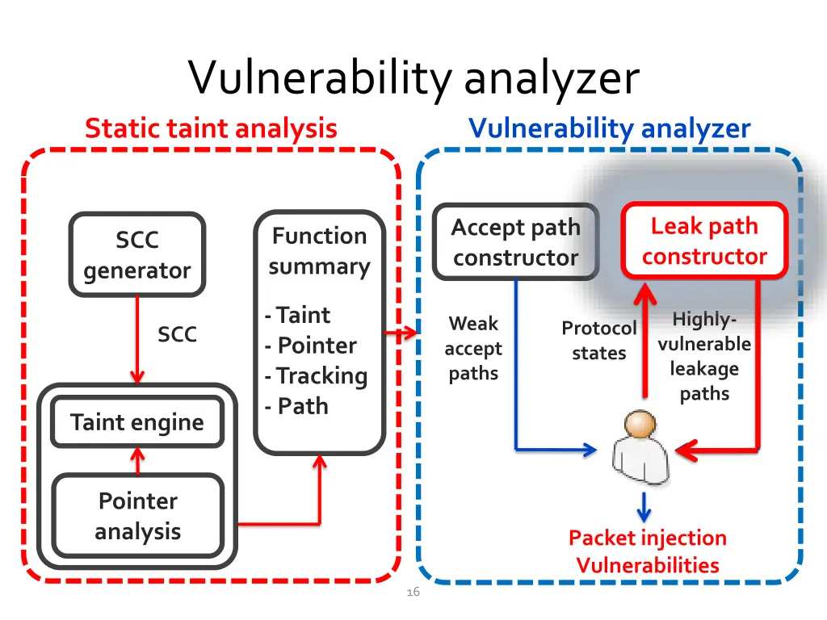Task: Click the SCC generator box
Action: coord(137,254)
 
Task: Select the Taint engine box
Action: coord(137,421)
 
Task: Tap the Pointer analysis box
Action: coord(137,516)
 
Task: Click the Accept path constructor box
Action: coord(516,241)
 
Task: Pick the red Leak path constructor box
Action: coord(704,241)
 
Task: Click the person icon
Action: coord(640,447)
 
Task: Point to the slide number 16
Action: coord(413,592)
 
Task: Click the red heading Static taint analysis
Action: coord(211,128)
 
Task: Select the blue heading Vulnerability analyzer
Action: coord(609,128)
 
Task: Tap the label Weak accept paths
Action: coord(473,349)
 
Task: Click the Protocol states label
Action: coord(599,341)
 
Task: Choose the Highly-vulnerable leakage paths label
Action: coord(704,356)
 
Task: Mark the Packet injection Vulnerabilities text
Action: coord(648,551)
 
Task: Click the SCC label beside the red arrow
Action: coord(177,334)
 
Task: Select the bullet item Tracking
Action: coord(316,376)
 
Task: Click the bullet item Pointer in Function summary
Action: coord(311,346)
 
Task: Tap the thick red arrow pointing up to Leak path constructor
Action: coord(644,340)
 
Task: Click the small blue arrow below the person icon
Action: coord(644,507)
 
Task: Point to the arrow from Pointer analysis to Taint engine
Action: coord(137,461)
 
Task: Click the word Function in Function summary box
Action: coord(320,236)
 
